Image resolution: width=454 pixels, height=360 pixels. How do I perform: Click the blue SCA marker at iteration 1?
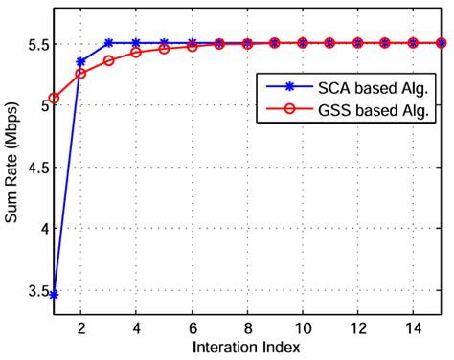[x=54, y=295]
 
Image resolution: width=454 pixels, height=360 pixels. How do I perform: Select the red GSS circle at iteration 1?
[x=54, y=98]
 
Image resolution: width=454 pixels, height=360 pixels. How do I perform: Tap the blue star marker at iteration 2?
[x=80, y=61]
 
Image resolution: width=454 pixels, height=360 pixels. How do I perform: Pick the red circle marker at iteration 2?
[x=80, y=74]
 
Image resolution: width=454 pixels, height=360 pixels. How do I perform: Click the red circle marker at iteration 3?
[x=108, y=60]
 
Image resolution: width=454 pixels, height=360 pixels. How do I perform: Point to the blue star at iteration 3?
[x=108, y=43]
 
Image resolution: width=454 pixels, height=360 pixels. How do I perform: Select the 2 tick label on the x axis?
[x=80, y=326]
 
